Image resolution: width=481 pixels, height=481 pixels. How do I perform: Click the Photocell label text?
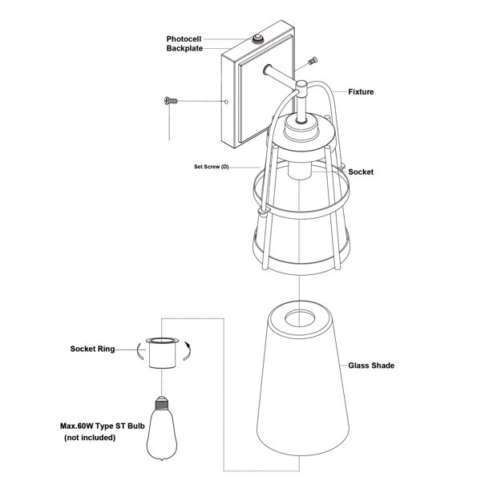184,39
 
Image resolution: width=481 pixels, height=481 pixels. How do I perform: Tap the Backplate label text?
184,48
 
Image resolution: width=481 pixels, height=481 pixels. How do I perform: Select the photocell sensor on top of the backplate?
258,39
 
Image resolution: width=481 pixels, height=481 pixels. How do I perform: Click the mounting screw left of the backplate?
171,100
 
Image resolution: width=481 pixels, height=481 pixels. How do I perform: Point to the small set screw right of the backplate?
313,61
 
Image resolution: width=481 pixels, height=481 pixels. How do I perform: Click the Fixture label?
361,91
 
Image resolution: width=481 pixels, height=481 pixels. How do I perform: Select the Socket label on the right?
361,172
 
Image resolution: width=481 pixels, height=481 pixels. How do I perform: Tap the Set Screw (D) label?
212,167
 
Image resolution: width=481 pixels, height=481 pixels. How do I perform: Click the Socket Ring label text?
92,349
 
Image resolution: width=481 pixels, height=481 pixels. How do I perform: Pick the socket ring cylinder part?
162,353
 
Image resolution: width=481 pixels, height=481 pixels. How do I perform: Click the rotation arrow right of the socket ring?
187,350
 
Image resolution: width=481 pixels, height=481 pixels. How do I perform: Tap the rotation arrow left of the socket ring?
141,350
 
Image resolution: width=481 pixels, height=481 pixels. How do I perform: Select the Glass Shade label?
371,366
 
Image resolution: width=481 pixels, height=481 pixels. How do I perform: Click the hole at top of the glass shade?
300,318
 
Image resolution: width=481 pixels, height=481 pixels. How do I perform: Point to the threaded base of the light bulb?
162,403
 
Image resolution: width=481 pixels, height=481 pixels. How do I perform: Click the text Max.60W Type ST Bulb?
102,426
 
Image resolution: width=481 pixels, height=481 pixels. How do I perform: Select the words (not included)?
90,438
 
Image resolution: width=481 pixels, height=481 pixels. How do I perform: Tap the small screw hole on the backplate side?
226,102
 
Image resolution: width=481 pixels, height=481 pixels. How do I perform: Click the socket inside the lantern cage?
300,170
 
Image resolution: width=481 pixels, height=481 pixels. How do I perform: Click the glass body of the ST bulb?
162,435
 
